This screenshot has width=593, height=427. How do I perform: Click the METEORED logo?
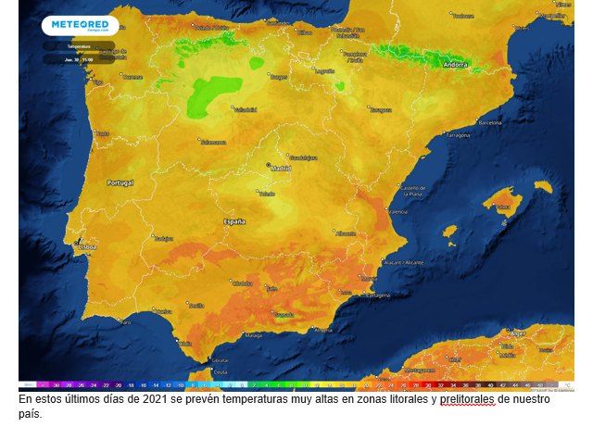pyautogui.click(x=81, y=25)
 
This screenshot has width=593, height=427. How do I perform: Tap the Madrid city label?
pyautogui.click(x=281, y=169)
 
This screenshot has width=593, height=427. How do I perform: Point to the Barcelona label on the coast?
pyautogui.click(x=487, y=121)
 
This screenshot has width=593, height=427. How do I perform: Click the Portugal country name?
pyautogui.click(x=120, y=183)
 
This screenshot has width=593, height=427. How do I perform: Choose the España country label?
pyautogui.click(x=233, y=222)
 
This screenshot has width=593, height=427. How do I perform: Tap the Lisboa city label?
pyautogui.click(x=87, y=247)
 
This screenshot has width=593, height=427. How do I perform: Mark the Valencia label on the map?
pyautogui.click(x=397, y=211)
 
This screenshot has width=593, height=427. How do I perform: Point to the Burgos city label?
pyautogui.click(x=279, y=78)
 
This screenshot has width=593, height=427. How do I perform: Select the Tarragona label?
pyautogui.click(x=458, y=135)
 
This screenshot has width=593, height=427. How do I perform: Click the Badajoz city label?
pyautogui.click(x=163, y=238)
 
